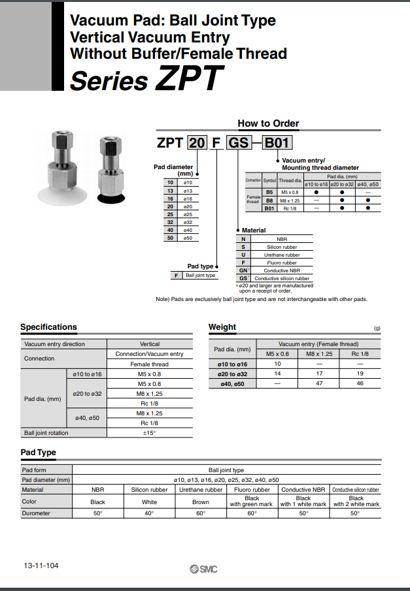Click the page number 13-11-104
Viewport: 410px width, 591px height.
(41, 565)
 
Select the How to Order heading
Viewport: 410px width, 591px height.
(268, 123)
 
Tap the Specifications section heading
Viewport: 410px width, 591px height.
(48, 327)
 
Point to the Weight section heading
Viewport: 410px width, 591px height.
(222, 327)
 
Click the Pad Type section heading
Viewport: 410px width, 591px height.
(39, 453)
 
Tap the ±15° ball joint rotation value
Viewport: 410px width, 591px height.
(150, 433)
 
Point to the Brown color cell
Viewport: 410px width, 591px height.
(201, 502)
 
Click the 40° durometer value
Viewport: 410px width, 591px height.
(149, 513)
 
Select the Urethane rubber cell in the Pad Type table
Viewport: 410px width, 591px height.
(201, 489)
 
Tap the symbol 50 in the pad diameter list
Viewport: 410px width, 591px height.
(170, 238)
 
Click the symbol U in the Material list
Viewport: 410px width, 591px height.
(243, 255)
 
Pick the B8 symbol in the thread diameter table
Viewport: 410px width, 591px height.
(269, 200)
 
